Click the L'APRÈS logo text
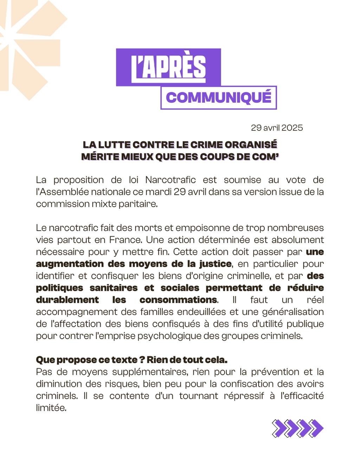coord(168,67)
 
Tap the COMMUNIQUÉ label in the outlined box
coord(218,97)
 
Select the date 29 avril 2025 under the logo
coord(277,128)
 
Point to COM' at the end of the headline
coord(265,156)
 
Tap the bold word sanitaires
coord(113,288)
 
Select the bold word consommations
coord(178,300)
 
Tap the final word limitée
coord(51,408)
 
